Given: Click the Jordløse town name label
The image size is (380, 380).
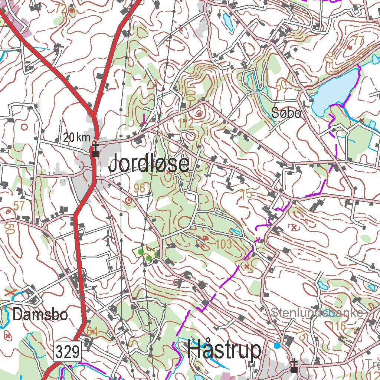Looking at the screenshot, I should point(149,164).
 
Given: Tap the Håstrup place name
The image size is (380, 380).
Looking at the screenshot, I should point(224,350).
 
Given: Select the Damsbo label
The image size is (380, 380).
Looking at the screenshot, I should point(40,315).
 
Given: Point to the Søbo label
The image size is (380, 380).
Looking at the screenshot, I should point(286,113).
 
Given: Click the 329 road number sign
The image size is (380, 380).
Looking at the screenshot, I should point(68,351).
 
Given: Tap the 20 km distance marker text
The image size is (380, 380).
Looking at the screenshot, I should point(76,138).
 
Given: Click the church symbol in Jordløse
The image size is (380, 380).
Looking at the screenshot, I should point(95,150).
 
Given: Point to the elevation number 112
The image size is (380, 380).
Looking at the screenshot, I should point(186,124).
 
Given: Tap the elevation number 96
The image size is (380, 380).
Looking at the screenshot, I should point(140,189).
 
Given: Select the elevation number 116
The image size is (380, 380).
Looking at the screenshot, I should point(338,327).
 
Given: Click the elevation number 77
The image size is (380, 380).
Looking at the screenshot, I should point(358,40).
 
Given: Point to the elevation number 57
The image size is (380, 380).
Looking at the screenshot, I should point(19,206).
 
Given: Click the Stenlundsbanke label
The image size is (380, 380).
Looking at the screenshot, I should point(317,312).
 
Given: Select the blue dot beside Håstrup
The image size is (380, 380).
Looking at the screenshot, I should point(277,345).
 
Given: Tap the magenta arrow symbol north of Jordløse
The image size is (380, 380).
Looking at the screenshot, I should point(144,119).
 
